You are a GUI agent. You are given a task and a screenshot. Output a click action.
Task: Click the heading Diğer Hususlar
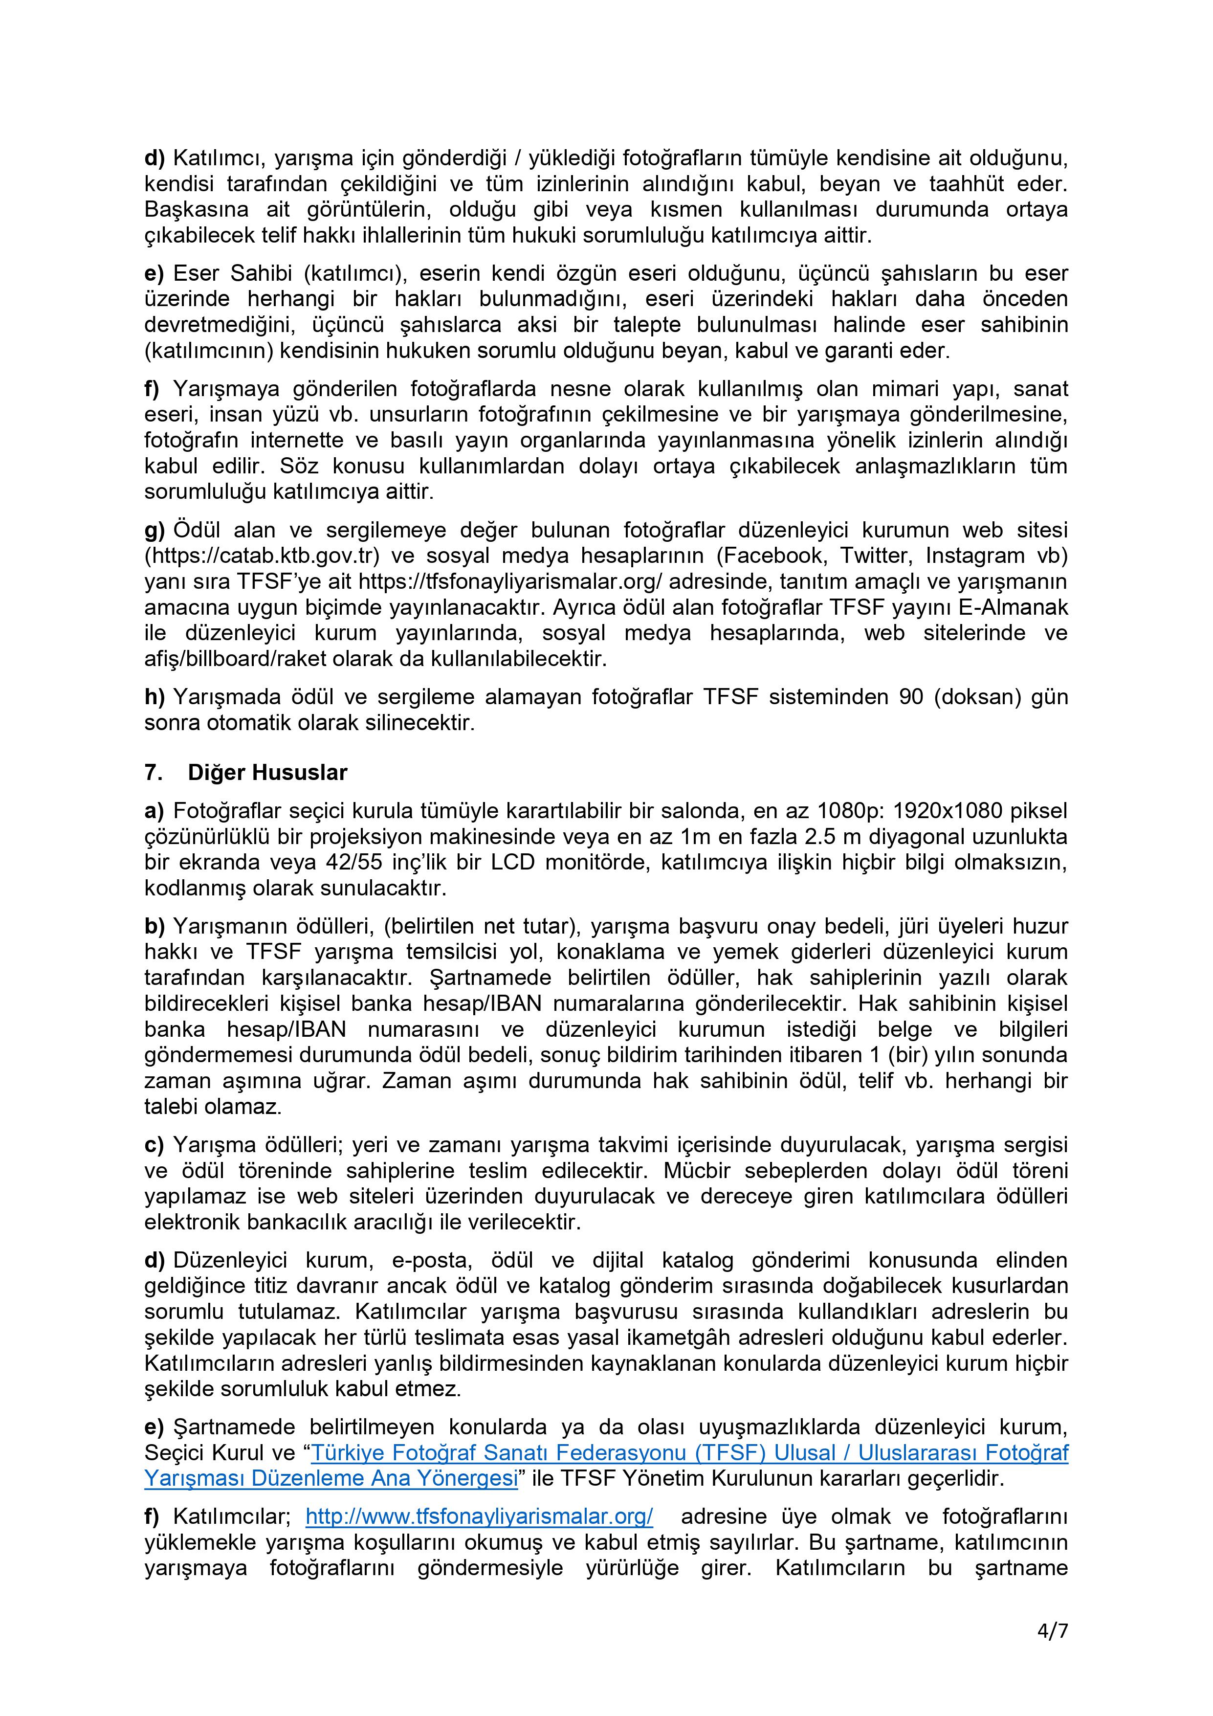click(x=267, y=772)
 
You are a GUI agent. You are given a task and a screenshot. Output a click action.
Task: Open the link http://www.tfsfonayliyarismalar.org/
click(x=479, y=1516)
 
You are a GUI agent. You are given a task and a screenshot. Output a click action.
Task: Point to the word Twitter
click(x=872, y=556)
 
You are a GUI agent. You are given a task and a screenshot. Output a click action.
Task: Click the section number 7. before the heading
click(x=153, y=772)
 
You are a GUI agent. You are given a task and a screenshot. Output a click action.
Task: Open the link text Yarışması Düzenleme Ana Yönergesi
click(x=331, y=1478)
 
